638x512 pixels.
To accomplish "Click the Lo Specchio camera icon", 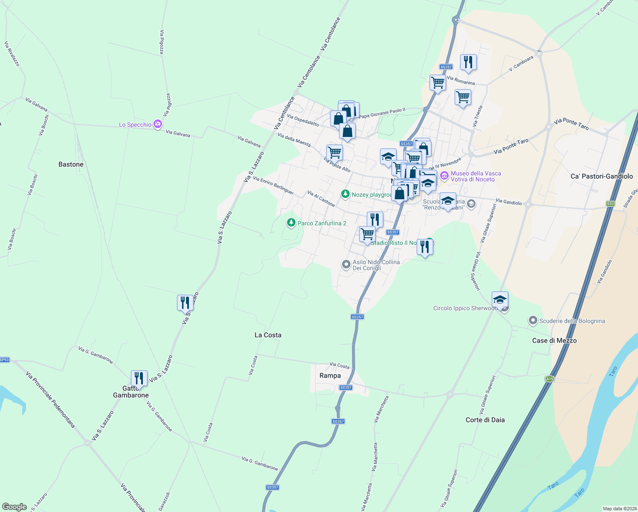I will tap(158, 124).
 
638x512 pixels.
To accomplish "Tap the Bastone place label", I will tap(71, 164).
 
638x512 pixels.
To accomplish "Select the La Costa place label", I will tap(268, 335).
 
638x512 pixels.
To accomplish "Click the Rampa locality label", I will tap(330, 375).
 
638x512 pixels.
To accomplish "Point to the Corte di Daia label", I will tap(485, 420).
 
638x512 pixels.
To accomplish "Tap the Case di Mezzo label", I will tap(554, 340).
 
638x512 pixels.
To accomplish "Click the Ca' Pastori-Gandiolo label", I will tap(601, 176).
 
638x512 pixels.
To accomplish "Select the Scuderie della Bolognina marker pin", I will tap(533, 320).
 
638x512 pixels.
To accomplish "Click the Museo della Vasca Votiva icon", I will tap(444, 175).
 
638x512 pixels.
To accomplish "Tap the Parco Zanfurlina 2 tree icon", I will tap(291, 223).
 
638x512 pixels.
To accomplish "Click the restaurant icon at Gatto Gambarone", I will tap(139, 378).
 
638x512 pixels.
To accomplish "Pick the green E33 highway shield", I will tap(610, 204).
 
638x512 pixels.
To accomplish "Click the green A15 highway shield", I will tap(549, 378).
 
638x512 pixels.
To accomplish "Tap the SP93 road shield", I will tap(4, 360).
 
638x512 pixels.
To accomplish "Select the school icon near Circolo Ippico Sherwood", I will tap(500, 299).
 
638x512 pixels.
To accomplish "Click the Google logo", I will tap(14, 506).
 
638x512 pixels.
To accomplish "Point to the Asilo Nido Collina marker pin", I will tap(346, 265).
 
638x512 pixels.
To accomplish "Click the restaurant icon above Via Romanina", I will tap(468, 62).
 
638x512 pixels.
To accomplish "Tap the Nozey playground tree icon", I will tap(345, 194).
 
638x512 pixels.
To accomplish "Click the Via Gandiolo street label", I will tap(508, 202).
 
